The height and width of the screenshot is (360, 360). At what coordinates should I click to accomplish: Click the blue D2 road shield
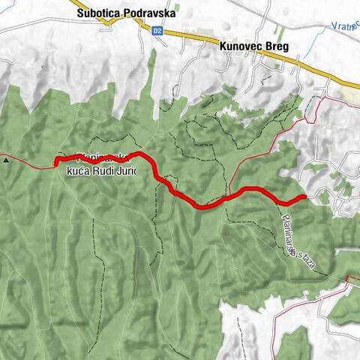click(156, 31)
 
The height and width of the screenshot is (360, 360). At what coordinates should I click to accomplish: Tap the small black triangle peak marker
click(6, 159)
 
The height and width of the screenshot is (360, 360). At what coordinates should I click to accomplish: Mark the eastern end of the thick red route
click(303, 197)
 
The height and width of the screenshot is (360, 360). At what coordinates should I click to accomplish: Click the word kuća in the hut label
click(79, 172)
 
